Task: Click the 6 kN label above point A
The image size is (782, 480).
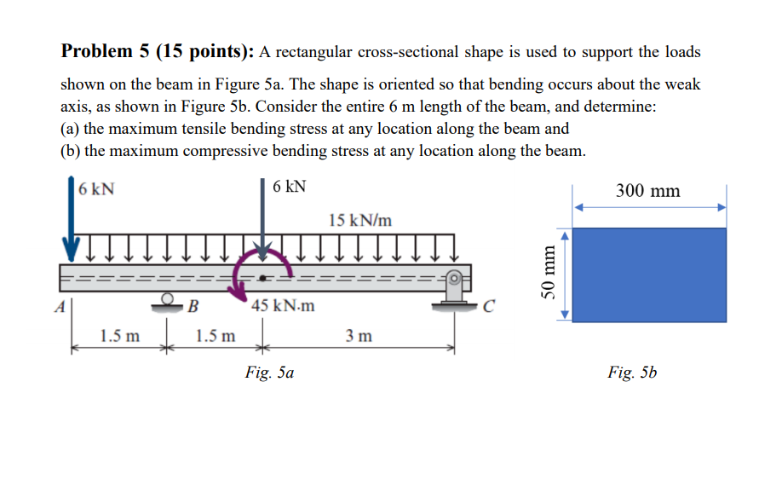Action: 96,189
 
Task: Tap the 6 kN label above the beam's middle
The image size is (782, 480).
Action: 290,187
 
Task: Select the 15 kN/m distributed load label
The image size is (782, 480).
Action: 359,219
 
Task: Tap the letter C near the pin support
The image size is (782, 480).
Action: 487,304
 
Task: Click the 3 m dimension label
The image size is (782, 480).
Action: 359,336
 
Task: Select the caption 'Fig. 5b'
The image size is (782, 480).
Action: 632,372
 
